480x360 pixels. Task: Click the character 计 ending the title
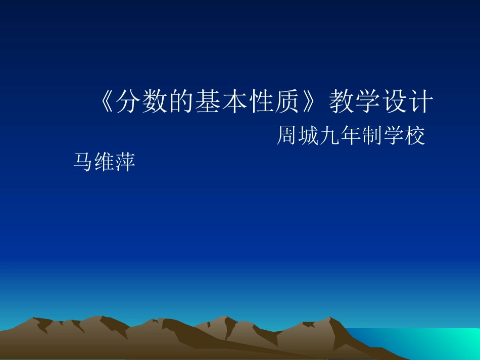pyautogui.click(x=421, y=103)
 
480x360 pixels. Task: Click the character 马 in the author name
pyautogui.click(x=83, y=162)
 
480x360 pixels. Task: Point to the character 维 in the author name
pyautogui.click(x=105, y=162)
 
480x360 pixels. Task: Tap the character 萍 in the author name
pyautogui.click(x=126, y=162)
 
